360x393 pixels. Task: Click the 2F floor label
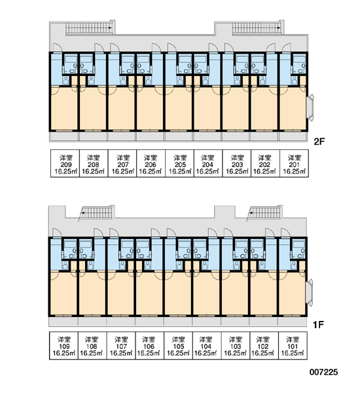(319, 141)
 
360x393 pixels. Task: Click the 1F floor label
(318, 325)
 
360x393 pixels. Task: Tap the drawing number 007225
(323, 372)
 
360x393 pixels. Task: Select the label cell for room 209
(65, 163)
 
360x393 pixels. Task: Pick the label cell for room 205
(179, 163)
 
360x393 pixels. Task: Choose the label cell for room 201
(294, 163)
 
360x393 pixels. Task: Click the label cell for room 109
(63, 346)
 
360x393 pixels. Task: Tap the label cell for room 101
(293, 346)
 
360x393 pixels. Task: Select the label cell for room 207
(122, 163)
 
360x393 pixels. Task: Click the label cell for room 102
(264, 346)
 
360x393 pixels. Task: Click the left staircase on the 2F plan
(89, 28)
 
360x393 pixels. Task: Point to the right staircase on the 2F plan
(257, 28)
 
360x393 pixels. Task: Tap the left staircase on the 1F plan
(97, 213)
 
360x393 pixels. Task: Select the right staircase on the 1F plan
(265, 213)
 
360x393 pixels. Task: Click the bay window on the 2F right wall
(310, 107)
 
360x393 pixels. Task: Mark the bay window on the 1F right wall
(310, 293)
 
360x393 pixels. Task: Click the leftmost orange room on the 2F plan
(63, 108)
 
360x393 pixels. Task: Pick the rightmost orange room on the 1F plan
(292, 293)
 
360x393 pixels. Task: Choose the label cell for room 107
(121, 346)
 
